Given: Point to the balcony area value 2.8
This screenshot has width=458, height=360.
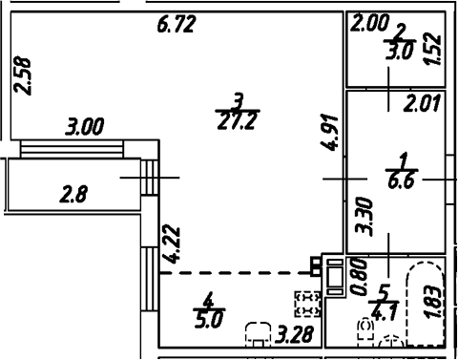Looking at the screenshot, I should pos(73,197).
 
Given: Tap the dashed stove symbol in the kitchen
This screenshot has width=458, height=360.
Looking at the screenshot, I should pos(307,304).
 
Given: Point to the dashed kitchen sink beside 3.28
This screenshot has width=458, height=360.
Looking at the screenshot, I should pos(259,333).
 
